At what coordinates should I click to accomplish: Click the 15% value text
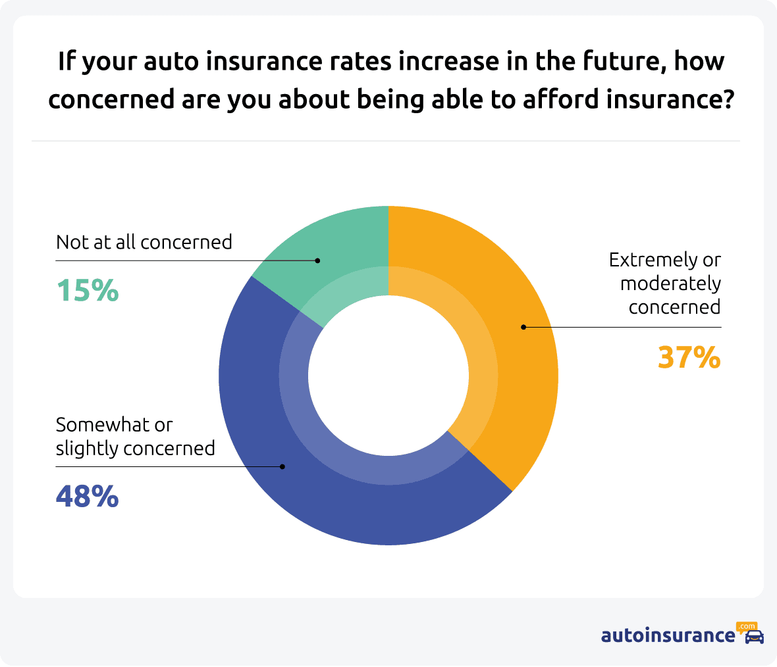coord(88,290)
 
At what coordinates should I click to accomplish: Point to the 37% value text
coord(689,358)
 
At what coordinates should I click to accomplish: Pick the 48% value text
coord(88,496)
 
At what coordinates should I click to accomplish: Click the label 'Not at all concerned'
coord(144,242)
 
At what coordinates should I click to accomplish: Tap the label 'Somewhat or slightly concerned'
coord(135,436)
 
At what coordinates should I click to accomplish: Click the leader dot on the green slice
coord(317,260)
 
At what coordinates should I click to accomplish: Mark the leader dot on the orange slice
coord(523,327)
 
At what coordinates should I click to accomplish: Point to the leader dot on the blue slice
coord(282,466)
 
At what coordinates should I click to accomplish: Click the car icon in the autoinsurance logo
coord(754,637)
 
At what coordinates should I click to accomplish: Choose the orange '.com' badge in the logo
coord(747,626)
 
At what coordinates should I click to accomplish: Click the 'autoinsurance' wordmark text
coord(668,635)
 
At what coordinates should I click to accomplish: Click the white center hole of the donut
coord(388,376)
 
